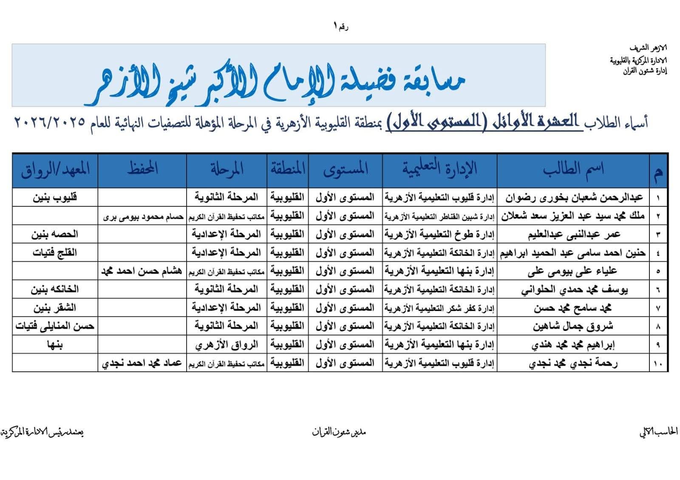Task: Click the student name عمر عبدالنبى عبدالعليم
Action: pyautogui.click(x=574, y=234)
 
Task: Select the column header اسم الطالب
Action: pyautogui.click(x=573, y=169)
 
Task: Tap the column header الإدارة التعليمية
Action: pyautogui.click(x=439, y=169)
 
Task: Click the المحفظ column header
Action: pyautogui.click(x=142, y=169)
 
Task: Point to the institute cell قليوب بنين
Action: pyautogui.click(x=55, y=198)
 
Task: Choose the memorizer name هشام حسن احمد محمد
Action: pyautogui.click(x=142, y=271)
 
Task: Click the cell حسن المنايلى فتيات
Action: pyautogui.click(x=55, y=326)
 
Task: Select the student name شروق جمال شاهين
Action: pyautogui.click(x=573, y=326)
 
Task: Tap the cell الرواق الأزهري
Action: pyautogui.click(x=227, y=345)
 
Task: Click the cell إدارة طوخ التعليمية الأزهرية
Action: pyautogui.click(x=439, y=234)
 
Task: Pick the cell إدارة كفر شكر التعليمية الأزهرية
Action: pyautogui.click(x=439, y=308)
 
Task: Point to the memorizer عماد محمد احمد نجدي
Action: pyautogui.click(x=142, y=364)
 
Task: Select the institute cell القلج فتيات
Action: pyautogui.click(x=55, y=253)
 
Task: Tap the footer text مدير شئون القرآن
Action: pyautogui.click(x=339, y=432)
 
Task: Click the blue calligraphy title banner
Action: pyautogui.click(x=278, y=75)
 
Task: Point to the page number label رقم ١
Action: pyautogui.click(x=341, y=27)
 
